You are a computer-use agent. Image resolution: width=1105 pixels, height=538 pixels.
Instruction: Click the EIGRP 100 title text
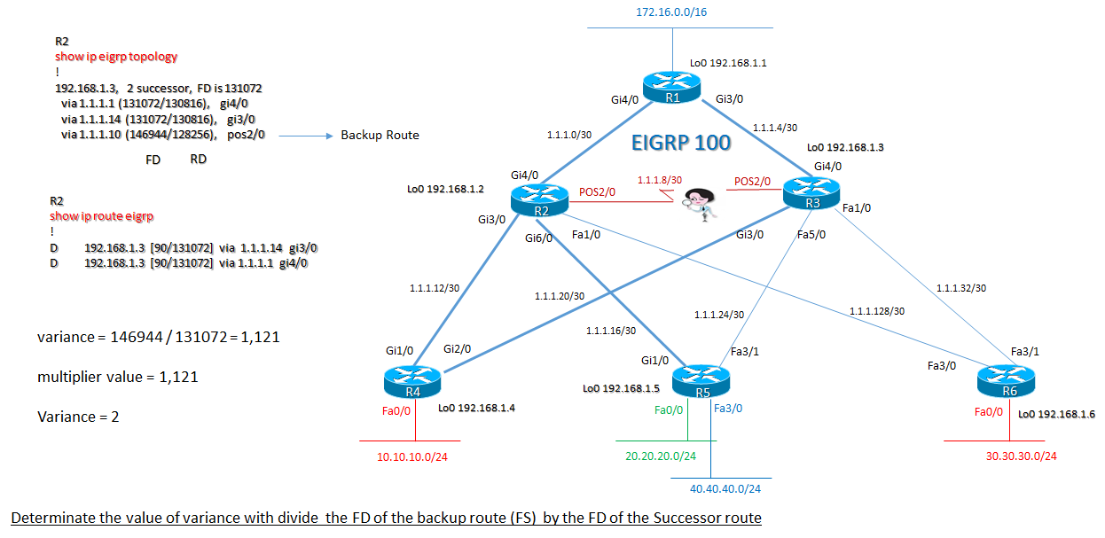pyautogui.click(x=681, y=142)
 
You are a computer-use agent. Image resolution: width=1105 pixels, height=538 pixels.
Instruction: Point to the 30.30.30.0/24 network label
pyautogui.click(x=1021, y=456)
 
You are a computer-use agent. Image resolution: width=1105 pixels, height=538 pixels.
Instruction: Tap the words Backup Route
pyautogui.click(x=380, y=136)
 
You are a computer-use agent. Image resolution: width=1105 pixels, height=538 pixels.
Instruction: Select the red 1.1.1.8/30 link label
pyautogui.click(x=660, y=180)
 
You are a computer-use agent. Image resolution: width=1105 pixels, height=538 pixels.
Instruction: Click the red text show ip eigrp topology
pyautogui.click(x=116, y=56)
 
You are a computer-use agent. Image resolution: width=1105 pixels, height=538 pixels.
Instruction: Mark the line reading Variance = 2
pyautogui.click(x=78, y=417)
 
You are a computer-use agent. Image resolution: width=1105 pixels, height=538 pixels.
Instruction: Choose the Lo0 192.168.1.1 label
pyautogui.click(x=728, y=64)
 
